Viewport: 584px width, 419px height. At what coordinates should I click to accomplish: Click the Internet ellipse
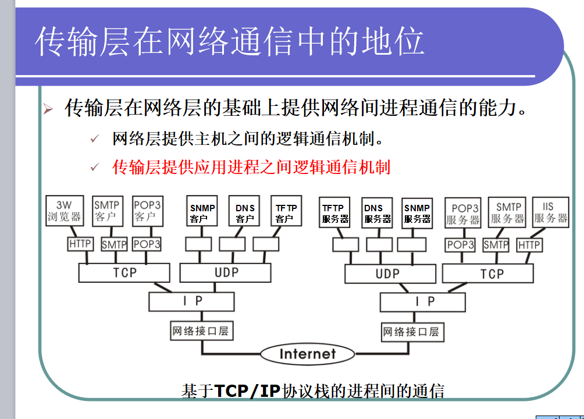[307, 354]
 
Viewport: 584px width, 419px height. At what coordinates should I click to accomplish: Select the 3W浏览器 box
[65, 211]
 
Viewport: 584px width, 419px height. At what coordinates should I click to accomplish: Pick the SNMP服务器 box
[417, 213]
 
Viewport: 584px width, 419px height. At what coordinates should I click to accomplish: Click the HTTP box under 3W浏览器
[80, 244]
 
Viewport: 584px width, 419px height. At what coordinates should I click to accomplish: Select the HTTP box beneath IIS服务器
[529, 245]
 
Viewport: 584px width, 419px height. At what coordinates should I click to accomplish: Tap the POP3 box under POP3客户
[147, 244]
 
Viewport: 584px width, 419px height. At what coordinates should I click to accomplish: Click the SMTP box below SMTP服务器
[496, 245]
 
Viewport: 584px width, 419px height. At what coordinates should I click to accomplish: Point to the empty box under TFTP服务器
[346, 244]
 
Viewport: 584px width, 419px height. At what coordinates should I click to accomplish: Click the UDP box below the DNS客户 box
[226, 272]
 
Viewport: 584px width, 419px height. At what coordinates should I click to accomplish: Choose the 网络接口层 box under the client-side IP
[200, 332]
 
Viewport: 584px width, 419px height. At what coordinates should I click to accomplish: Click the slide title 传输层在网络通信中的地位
[229, 41]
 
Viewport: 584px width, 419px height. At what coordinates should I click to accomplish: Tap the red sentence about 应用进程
[251, 168]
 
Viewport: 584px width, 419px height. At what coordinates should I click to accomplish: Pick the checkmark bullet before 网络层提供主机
[95, 140]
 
